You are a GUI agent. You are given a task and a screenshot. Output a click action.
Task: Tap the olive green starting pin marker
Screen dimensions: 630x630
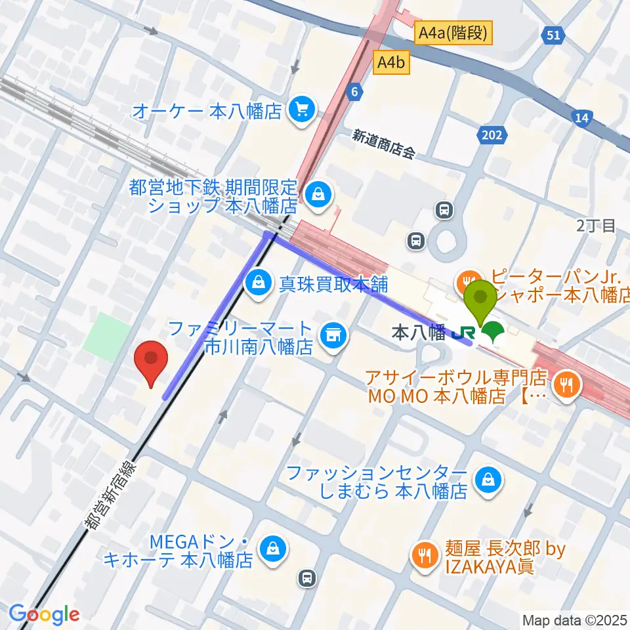(480, 299)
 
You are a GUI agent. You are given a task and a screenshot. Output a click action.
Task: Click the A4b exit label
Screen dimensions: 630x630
(392, 63)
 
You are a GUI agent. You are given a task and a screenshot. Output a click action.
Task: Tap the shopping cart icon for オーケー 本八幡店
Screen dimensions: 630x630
(301, 109)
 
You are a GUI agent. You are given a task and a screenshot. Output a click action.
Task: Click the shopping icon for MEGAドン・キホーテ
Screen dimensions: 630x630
(271, 549)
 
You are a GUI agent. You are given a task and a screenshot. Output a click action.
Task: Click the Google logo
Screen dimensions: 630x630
(44, 614)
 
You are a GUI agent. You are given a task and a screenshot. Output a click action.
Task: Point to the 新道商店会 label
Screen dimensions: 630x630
(383, 144)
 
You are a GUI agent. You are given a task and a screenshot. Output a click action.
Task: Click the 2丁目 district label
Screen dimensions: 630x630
(596, 226)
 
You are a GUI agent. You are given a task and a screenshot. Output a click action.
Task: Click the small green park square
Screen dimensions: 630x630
(107, 335)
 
